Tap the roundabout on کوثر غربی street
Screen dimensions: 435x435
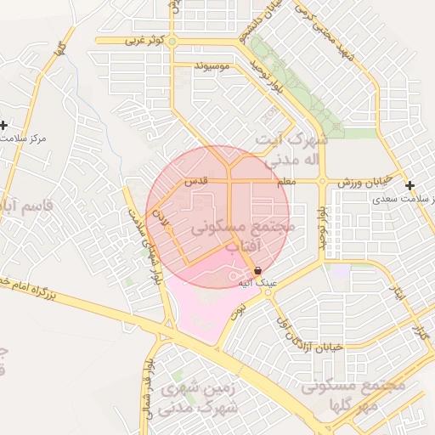point(172,40)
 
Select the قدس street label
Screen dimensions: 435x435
point(197,182)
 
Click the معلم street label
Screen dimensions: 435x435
point(286,182)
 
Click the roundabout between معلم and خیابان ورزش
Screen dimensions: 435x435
point(323,181)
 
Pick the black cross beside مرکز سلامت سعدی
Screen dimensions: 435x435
point(410,185)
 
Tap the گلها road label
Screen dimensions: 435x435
point(59,48)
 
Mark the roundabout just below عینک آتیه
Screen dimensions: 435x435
point(268,293)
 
